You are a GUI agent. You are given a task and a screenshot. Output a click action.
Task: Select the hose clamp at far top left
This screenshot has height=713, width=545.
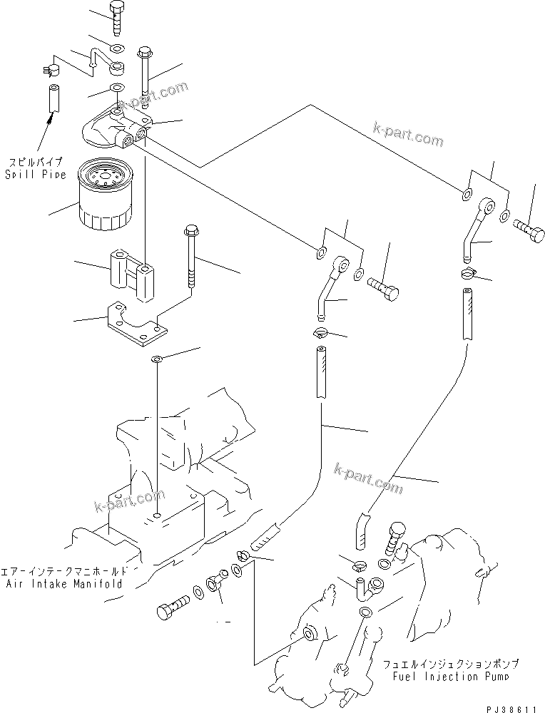(x=51, y=70)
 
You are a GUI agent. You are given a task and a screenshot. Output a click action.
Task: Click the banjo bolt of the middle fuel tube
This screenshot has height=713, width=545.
(x=384, y=289)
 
